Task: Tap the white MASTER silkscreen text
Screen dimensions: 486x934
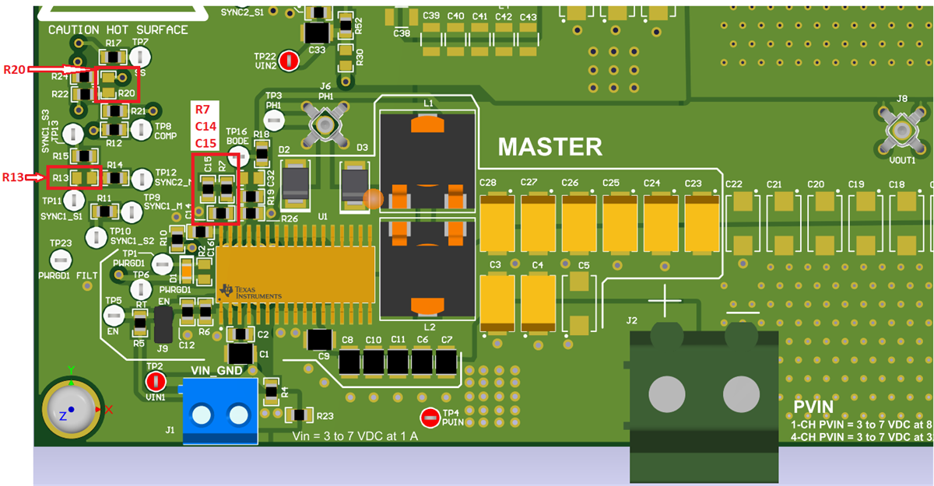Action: click(550, 147)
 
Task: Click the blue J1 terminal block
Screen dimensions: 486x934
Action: click(219, 411)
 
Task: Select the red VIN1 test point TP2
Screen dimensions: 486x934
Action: click(155, 382)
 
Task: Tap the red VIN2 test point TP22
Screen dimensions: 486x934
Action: click(289, 61)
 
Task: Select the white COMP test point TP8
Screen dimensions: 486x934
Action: click(140, 129)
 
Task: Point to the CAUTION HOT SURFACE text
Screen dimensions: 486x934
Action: click(118, 30)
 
